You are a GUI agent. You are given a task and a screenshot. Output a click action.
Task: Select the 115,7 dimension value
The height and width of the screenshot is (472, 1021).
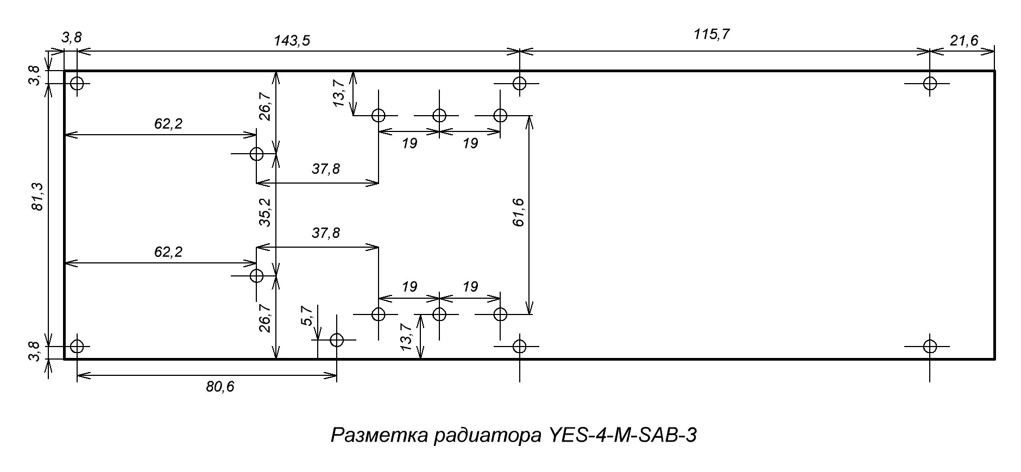coord(711,34)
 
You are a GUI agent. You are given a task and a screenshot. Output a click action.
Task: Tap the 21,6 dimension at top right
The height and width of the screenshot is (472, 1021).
coord(964,40)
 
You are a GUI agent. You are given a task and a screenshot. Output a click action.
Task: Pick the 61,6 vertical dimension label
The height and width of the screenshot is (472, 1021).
coord(518,212)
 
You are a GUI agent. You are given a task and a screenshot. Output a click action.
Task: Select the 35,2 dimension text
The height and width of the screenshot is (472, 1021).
coord(264,212)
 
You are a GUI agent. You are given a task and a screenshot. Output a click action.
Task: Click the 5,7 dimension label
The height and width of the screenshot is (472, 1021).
coord(307,316)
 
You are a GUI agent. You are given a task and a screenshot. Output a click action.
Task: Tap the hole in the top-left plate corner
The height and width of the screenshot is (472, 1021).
coord(77,84)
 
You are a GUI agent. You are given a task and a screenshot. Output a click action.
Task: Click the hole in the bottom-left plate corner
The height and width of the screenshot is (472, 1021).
coord(77,346)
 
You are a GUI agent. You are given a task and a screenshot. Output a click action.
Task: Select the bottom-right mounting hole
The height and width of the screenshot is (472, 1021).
coord(930,346)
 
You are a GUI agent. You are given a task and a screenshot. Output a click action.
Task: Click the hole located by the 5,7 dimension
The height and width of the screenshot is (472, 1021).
coord(337,341)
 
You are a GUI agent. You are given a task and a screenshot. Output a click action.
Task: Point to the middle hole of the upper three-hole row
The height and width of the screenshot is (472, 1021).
coord(439,116)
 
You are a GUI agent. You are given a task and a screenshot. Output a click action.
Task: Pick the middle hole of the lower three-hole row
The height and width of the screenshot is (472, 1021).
coord(439,314)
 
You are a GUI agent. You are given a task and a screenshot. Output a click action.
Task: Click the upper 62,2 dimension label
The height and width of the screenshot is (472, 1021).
coord(168,124)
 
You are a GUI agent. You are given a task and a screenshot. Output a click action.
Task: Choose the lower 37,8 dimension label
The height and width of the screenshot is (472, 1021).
coord(326,233)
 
